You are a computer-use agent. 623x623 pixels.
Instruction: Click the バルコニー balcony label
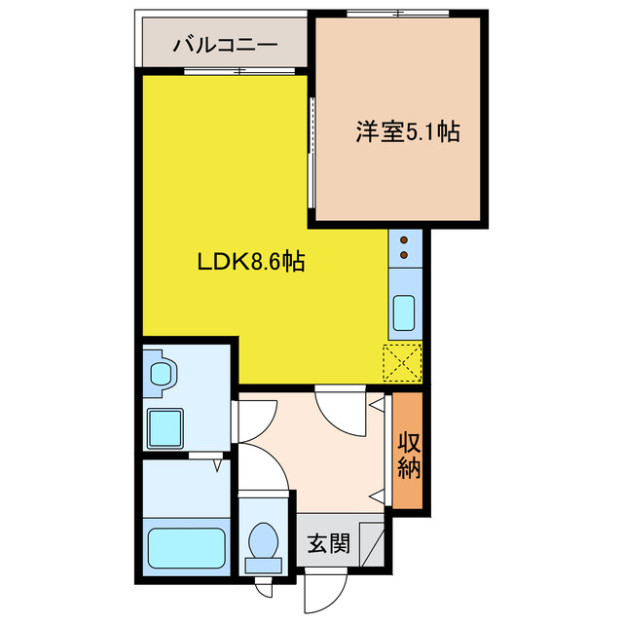[226, 44]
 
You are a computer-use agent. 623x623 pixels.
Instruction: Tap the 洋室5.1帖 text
[406, 131]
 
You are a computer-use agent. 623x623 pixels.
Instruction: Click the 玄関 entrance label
[328, 543]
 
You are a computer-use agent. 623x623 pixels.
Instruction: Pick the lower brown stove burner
[405, 256]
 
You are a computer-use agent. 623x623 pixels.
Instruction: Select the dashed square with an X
[403, 364]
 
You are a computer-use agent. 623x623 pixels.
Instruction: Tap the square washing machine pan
[166, 426]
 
